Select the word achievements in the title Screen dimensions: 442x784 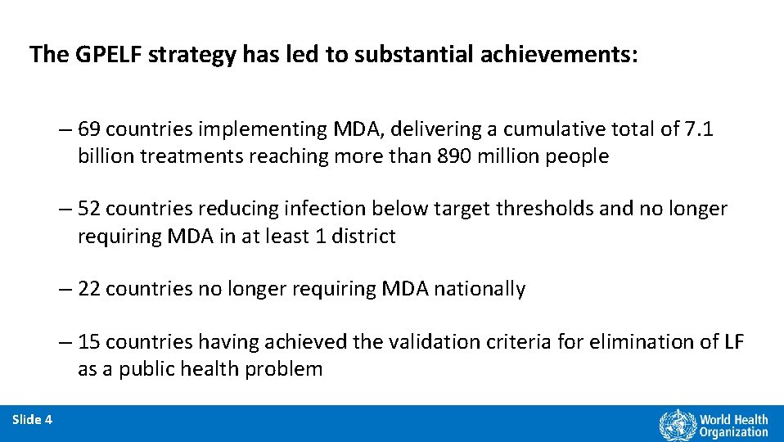point(545,55)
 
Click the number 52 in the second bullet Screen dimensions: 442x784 point(90,210)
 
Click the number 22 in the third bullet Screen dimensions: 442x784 point(90,289)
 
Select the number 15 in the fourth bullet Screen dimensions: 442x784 point(90,342)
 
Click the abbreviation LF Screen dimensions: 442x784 point(733,342)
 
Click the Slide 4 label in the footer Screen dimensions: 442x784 point(33,420)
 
